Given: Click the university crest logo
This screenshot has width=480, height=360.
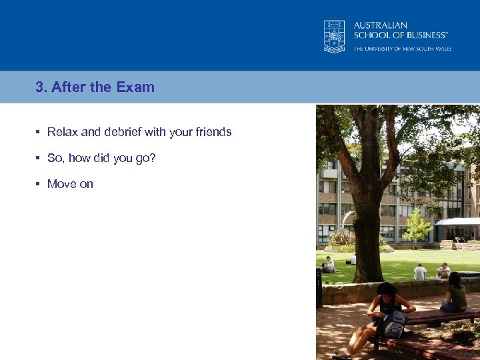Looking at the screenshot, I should (x=335, y=36).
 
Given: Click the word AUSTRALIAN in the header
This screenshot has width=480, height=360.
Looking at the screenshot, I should (x=381, y=25).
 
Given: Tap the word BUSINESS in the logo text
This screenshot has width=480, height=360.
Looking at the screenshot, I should (x=424, y=35).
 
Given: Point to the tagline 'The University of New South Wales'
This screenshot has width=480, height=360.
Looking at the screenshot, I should (x=402, y=49).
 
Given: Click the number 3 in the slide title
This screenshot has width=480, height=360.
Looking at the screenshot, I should (x=39, y=87).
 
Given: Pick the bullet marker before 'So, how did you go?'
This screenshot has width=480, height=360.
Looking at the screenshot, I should (x=38, y=158).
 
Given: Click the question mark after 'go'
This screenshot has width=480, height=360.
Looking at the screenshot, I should (x=153, y=158).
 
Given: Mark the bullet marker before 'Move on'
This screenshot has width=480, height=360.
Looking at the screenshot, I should (x=38, y=184).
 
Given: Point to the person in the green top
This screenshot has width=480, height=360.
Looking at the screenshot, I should (x=457, y=293).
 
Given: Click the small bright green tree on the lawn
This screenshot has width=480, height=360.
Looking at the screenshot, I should (x=417, y=227).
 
